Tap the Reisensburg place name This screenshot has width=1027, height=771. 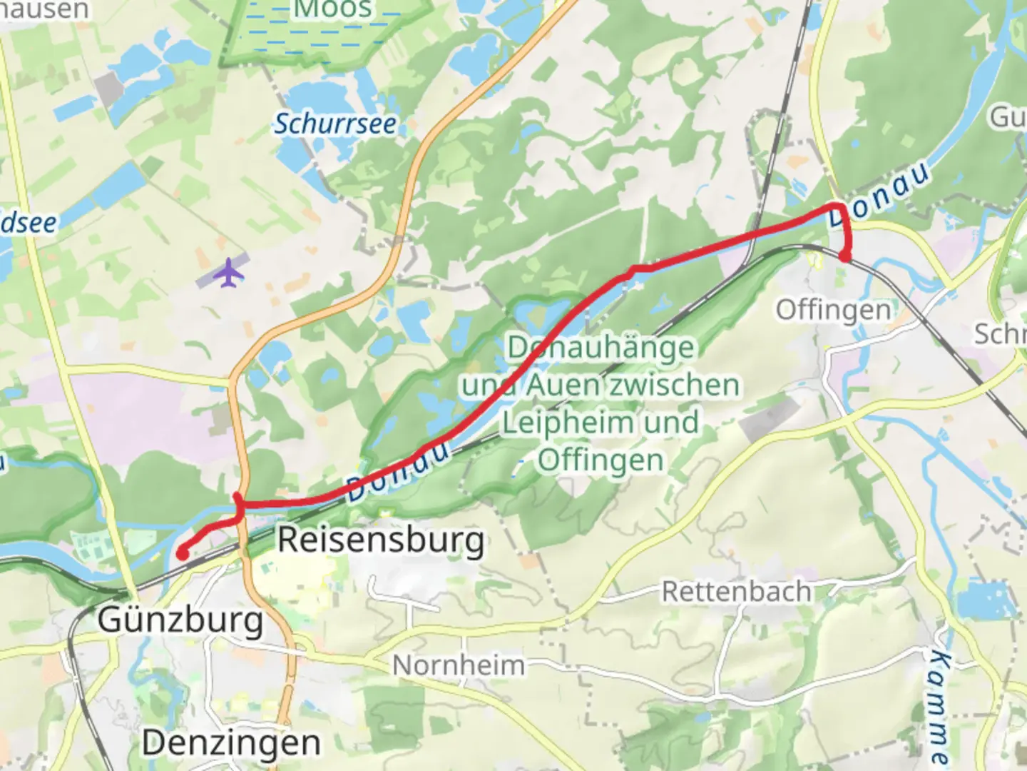pyautogui.click(x=381, y=540)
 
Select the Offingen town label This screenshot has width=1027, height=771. pyautogui.click(x=833, y=311)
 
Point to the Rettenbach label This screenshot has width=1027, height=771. pyautogui.click(x=736, y=592)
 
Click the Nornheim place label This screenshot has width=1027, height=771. pyautogui.click(x=459, y=665)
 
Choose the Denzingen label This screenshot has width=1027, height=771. pyautogui.click(x=232, y=743)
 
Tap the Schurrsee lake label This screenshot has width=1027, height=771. pyautogui.click(x=335, y=124)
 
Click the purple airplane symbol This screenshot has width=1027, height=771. pyautogui.click(x=228, y=273)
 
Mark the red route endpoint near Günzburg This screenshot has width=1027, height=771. pyautogui.click(x=183, y=553)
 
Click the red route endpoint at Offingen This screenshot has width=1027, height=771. pyautogui.click(x=845, y=257)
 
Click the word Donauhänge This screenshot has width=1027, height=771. pyautogui.click(x=601, y=348)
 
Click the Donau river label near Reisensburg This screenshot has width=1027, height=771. pyautogui.click(x=399, y=473)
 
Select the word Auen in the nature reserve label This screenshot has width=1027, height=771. pyautogui.click(x=561, y=385)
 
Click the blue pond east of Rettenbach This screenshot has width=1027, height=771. pyautogui.click(x=988, y=600)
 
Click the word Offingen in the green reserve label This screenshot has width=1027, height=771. pyautogui.click(x=601, y=460)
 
